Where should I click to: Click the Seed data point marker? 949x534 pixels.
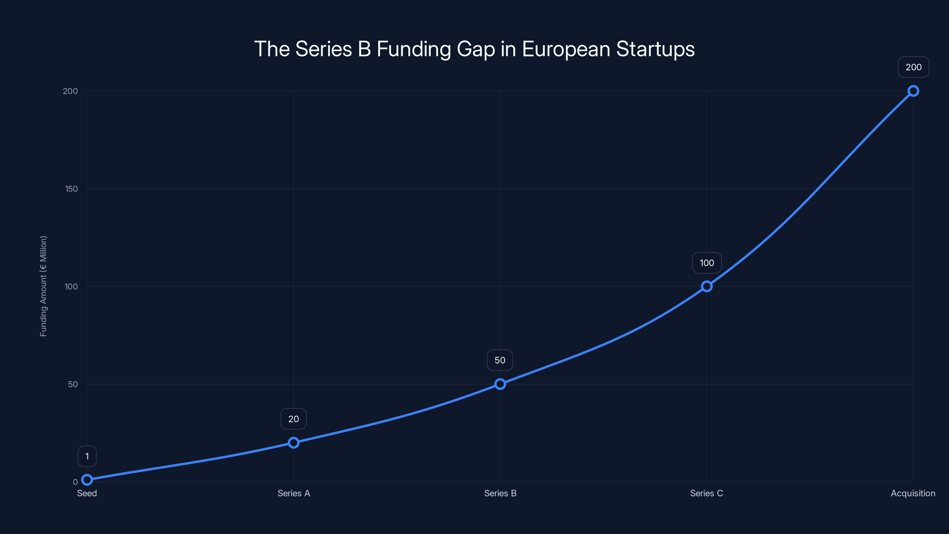click(x=87, y=479)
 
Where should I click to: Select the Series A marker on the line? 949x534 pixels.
click(x=294, y=443)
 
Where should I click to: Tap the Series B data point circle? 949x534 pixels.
click(x=500, y=384)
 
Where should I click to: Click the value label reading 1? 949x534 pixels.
click(x=87, y=456)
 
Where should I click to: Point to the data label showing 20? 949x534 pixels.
click(x=294, y=419)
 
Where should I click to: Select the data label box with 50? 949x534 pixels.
click(x=500, y=360)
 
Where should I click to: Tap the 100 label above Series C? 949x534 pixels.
click(x=707, y=263)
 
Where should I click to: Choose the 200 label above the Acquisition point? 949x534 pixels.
click(x=914, y=67)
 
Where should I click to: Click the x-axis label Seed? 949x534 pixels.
click(x=87, y=493)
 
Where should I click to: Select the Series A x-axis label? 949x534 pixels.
click(x=294, y=493)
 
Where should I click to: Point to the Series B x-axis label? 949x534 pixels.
click(x=500, y=493)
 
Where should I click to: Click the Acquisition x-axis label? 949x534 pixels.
click(x=913, y=493)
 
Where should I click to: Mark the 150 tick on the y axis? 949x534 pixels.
click(x=71, y=189)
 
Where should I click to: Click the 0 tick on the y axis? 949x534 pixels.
click(x=75, y=482)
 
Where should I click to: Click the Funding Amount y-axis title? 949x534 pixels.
click(x=44, y=286)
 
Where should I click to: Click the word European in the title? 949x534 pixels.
click(x=566, y=49)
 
